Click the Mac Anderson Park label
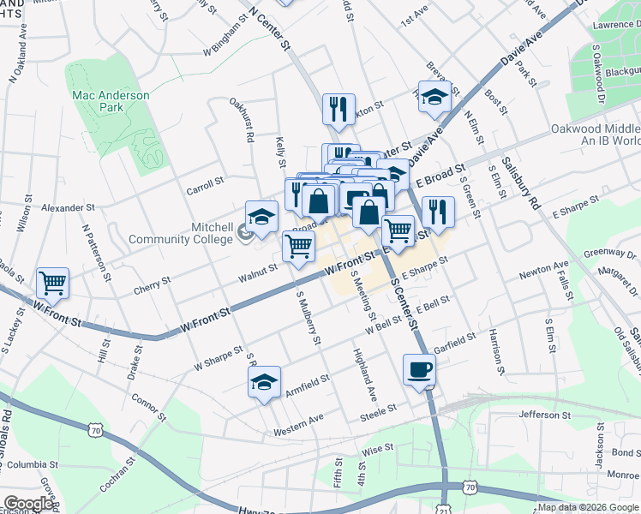point(111,102)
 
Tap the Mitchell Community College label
point(180,233)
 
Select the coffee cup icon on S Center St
point(419,370)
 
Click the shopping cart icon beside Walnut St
point(298,247)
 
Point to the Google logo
point(29,504)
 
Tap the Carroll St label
point(205,182)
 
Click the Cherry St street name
point(152,286)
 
